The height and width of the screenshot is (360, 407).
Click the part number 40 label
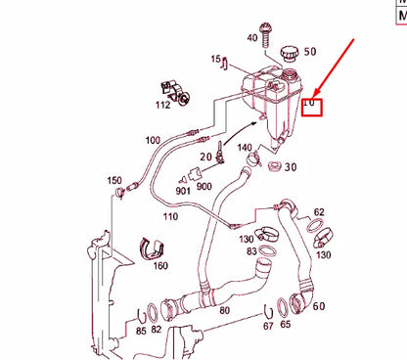click(251, 37)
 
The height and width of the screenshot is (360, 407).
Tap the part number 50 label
click(310, 51)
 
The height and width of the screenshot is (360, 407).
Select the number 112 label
click(162, 105)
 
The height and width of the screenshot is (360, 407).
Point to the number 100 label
click(153, 140)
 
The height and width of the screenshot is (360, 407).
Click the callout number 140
click(245, 149)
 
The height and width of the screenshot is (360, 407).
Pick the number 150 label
click(114, 181)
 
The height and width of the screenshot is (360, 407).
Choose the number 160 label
click(160, 265)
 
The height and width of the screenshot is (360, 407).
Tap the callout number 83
click(252, 250)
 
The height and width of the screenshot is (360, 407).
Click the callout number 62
click(319, 211)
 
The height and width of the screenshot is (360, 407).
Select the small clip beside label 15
click(227, 66)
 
